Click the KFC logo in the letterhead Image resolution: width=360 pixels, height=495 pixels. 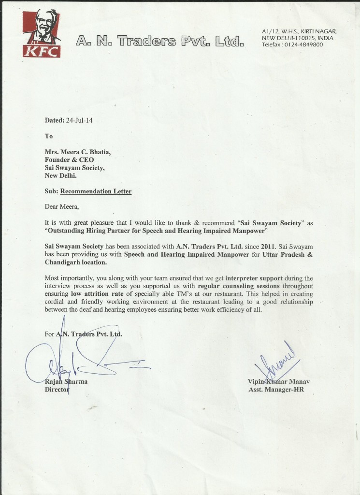tap(42, 34)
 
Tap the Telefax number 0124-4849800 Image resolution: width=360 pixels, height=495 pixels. tap(305, 44)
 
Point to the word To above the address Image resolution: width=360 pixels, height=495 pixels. tap(49, 136)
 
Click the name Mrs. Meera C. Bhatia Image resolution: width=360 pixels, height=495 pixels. tap(78, 152)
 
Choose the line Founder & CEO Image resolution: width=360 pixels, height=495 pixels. tap(69, 160)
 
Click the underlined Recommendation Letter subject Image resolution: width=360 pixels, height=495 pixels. tap(96, 191)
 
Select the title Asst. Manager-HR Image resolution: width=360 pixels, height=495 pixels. tap(276, 390)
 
